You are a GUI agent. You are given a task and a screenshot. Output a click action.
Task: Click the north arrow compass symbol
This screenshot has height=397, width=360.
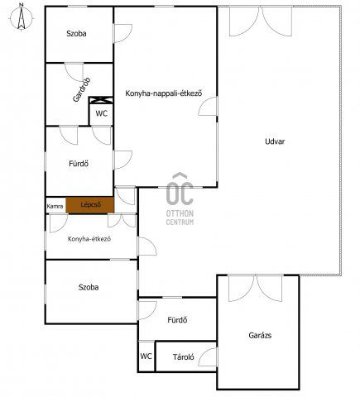[x=22, y=17]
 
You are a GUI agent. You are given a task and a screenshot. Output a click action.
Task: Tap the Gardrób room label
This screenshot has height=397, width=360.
[x=82, y=90]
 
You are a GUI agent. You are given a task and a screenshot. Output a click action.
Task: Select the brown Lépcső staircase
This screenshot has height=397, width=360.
[x=90, y=205]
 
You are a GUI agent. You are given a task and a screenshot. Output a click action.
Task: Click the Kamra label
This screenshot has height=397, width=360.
[x=55, y=206]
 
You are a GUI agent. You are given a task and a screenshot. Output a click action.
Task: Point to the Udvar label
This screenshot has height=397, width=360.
[x=275, y=141]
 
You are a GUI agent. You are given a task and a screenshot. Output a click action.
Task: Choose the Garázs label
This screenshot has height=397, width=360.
[x=260, y=335]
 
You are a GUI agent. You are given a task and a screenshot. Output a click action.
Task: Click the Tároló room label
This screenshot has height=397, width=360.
[x=184, y=357]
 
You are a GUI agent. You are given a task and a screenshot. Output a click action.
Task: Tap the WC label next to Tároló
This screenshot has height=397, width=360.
[x=146, y=356]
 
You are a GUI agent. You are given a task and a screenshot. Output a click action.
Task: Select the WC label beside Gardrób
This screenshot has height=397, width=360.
[x=102, y=113]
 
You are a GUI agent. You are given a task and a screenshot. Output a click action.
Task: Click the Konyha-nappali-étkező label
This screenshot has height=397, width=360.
[x=164, y=93]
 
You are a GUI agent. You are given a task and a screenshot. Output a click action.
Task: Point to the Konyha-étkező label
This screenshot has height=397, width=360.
[x=89, y=239]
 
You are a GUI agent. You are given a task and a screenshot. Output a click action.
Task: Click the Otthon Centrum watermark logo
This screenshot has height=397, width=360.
[x=180, y=198]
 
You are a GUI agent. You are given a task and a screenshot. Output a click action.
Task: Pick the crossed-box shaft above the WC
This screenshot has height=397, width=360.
[x=101, y=100]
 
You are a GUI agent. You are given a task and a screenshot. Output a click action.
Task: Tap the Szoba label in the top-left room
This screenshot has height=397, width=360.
[x=76, y=34]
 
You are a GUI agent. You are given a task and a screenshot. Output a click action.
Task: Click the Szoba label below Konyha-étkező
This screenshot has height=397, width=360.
[x=89, y=287]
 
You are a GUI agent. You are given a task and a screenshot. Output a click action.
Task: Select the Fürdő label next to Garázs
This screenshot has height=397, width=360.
[x=177, y=320]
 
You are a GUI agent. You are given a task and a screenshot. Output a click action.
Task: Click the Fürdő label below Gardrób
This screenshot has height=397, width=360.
[x=79, y=164]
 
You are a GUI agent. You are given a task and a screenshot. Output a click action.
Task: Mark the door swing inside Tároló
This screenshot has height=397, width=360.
[x=208, y=357]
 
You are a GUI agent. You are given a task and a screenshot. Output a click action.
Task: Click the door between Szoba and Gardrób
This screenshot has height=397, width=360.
[x=74, y=72]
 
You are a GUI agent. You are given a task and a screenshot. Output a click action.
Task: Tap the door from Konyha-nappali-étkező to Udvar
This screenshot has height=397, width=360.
[x=208, y=106]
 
